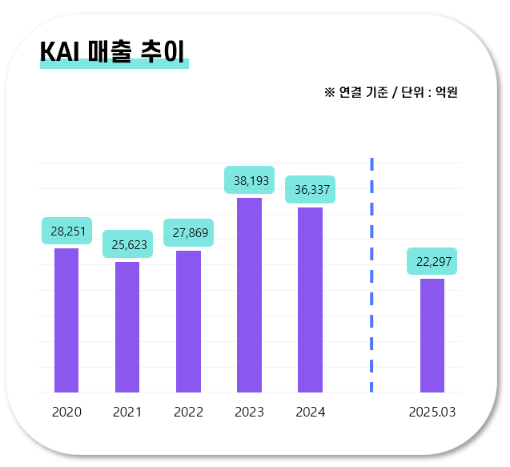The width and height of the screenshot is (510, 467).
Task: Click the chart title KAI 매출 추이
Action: point(113,51)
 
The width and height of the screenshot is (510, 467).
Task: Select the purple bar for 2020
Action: point(66,320)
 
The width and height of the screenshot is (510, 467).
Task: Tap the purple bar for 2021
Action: point(127,327)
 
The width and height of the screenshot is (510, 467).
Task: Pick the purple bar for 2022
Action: point(188,321)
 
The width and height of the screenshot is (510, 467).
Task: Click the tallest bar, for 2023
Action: point(249,295)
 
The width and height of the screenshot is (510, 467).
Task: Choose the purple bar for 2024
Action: point(310,300)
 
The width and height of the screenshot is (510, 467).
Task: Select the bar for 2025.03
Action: point(432,336)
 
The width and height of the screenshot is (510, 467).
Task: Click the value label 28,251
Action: point(66,231)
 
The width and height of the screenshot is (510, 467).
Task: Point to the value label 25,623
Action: point(127,244)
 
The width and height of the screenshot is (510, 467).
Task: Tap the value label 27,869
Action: point(188,233)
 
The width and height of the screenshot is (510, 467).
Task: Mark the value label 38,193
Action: point(249,180)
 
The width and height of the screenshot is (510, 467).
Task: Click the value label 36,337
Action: point(310,190)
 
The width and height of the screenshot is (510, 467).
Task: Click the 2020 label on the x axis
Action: point(66,413)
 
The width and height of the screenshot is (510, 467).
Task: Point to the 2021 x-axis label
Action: point(127,413)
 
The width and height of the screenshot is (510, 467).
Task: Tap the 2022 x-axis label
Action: point(188,413)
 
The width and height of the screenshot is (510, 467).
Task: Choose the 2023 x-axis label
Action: point(249,413)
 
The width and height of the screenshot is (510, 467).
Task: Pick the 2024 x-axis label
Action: point(310,413)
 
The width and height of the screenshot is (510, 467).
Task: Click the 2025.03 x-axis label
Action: point(432,413)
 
